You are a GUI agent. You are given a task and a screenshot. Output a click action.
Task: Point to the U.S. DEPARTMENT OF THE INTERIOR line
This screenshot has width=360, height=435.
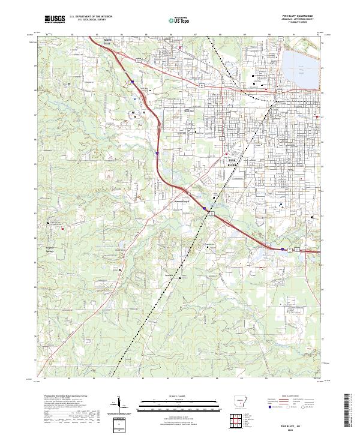pyautogui.click(x=91, y=17)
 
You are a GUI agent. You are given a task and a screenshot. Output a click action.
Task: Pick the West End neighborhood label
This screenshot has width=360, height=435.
pyautogui.click(x=188, y=110)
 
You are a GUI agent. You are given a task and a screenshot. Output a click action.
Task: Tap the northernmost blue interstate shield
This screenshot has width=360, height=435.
pyautogui.click(x=132, y=81)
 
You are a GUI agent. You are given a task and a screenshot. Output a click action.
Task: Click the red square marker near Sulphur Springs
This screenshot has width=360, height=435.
pyautogui.click(x=61, y=227)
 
